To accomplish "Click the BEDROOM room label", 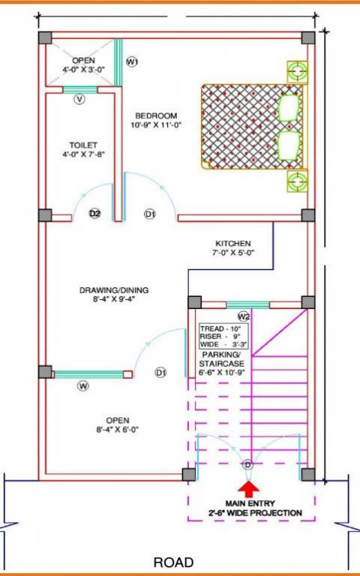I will pos(156,115).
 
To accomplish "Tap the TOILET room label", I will pos(83,145).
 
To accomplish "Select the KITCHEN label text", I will pos(233,244).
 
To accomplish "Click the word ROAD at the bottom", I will pos(174,562).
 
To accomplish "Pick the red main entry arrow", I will pos(247,487).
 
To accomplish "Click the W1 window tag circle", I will pos(132,61).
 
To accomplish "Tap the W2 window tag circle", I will pos(244,316).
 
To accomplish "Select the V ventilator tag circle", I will pos(79,99).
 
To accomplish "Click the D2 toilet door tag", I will pos(95,214).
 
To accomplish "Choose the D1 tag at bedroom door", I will pos(150,215).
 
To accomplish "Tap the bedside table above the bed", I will pos(298,72).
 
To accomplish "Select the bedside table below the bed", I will pos(298,180).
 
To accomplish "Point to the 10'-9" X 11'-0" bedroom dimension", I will pos(156,126).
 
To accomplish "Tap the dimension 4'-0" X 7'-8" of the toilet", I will pos(83,155).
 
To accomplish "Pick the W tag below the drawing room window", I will pos(83,385).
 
